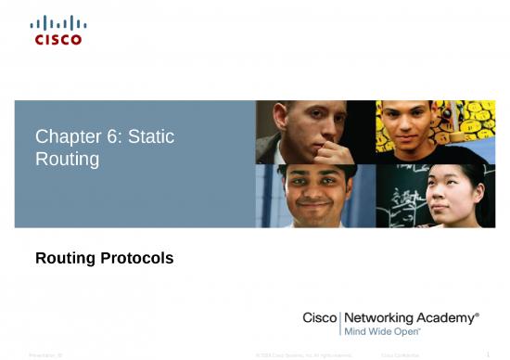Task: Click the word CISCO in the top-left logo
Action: point(57,39)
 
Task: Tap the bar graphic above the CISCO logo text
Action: point(57,22)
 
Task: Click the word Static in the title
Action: point(152,137)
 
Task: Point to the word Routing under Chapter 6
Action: point(67,159)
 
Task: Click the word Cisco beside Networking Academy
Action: point(321,317)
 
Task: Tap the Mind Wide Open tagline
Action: point(382,330)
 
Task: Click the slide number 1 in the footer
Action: point(488,354)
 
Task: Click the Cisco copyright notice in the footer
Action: point(303,354)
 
